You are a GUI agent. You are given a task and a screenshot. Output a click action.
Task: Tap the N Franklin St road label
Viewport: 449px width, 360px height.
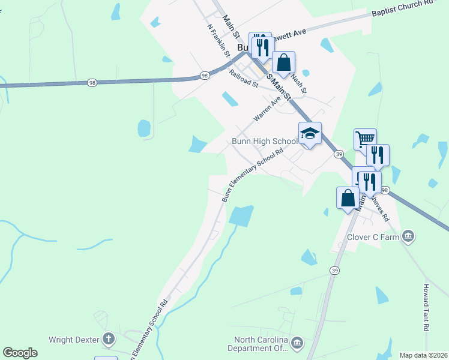coord(219,41)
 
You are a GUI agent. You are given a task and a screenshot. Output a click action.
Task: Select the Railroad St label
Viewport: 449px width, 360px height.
coord(243,79)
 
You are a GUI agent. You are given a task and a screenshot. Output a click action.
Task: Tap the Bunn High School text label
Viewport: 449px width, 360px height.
coord(265,142)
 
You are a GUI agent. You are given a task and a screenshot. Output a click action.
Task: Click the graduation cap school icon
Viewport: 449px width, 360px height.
coord(310,133)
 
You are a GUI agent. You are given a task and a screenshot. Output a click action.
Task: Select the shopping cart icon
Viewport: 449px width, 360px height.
coord(365,139)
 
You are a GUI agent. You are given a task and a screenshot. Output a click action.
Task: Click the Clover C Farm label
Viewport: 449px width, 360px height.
coord(373,236)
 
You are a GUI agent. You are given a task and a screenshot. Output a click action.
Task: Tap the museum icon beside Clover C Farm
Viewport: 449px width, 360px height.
coord(409,236)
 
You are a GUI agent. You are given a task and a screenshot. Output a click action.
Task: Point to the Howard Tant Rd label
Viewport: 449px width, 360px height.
coord(426,308)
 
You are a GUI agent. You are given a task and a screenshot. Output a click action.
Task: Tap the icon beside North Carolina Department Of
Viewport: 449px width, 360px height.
coord(297,343)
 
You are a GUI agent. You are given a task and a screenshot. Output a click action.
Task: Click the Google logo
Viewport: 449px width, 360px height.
coord(20,353)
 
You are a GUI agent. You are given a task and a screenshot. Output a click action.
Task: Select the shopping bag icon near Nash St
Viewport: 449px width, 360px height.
coord(283,62)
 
